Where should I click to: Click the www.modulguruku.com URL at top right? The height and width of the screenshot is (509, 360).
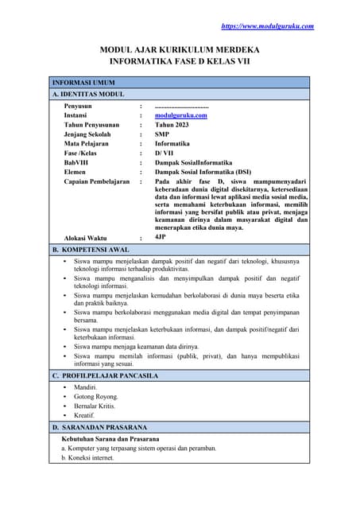[267, 26]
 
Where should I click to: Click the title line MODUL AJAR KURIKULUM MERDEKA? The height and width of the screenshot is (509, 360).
[180, 49]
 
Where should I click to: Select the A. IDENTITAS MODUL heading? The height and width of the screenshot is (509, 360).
[88, 94]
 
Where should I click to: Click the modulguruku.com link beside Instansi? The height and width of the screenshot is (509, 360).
[180, 115]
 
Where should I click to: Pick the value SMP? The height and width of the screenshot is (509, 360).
[161, 134]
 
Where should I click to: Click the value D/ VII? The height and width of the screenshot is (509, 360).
[164, 153]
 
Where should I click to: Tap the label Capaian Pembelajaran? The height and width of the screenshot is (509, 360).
[96, 181]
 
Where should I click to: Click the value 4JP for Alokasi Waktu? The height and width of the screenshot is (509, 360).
[161, 237]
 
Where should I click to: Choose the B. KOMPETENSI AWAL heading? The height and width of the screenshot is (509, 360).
[91, 250]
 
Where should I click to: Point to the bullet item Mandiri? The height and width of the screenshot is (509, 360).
[84, 387]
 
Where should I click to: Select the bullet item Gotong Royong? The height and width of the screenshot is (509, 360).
[95, 396]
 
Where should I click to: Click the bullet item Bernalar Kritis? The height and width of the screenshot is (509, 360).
[95, 406]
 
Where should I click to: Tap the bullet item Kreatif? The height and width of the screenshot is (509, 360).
[84, 415]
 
